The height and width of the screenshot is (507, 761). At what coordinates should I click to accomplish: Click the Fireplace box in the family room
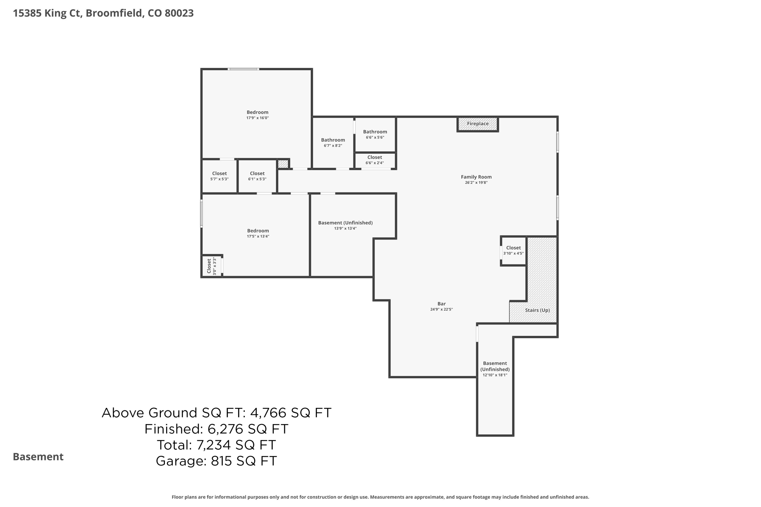pyautogui.click(x=477, y=124)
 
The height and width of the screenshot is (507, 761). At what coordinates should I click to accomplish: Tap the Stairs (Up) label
pyautogui.click(x=537, y=310)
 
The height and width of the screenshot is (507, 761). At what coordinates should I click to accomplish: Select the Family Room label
pyautogui.click(x=476, y=177)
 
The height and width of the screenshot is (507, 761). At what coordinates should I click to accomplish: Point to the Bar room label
pyautogui.click(x=441, y=304)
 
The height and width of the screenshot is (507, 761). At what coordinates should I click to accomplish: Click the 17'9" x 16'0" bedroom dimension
pyautogui.click(x=258, y=118)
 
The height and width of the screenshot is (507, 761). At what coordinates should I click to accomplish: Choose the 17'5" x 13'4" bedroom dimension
pyautogui.click(x=258, y=237)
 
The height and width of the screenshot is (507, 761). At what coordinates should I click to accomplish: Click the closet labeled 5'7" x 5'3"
pyautogui.click(x=219, y=176)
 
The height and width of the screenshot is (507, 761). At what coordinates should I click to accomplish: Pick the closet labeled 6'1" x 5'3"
pyautogui.click(x=257, y=176)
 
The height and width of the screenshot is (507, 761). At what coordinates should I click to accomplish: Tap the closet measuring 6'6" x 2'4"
pyautogui.click(x=375, y=160)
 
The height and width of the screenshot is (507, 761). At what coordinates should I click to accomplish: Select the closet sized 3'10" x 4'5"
pyautogui.click(x=513, y=250)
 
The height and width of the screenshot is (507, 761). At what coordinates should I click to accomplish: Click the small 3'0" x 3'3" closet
pyautogui.click(x=211, y=266)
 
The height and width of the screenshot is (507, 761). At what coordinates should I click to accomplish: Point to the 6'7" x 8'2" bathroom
pyautogui.click(x=333, y=143)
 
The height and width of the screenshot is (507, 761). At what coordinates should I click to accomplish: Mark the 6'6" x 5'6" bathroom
pyautogui.click(x=375, y=134)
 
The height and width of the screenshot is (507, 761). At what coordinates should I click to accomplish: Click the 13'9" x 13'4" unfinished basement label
pyautogui.click(x=345, y=225)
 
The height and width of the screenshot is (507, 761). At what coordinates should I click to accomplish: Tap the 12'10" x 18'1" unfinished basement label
pyautogui.click(x=495, y=369)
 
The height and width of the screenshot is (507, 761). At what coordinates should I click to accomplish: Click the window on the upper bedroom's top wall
pyautogui.click(x=243, y=69)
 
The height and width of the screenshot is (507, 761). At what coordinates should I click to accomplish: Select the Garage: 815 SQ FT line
pyautogui.click(x=216, y=461)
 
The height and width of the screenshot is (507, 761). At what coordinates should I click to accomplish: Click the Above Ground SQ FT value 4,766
pyautogui.click(x=268, y=413)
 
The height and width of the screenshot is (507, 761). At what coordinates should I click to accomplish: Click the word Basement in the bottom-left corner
pyautogui.click(x=38, y=457)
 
